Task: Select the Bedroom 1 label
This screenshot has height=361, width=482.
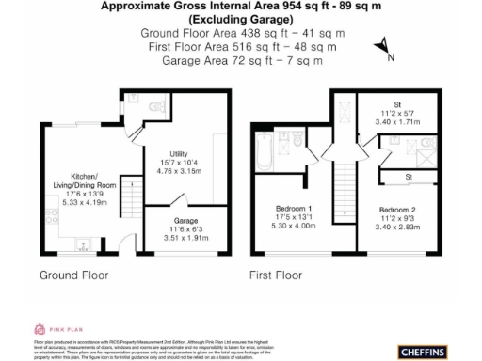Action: coord(294,208)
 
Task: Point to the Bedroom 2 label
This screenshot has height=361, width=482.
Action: coord(398,209)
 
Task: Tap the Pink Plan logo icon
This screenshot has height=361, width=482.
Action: coord(40,329)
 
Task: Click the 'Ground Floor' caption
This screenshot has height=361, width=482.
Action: coord(75,276)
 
